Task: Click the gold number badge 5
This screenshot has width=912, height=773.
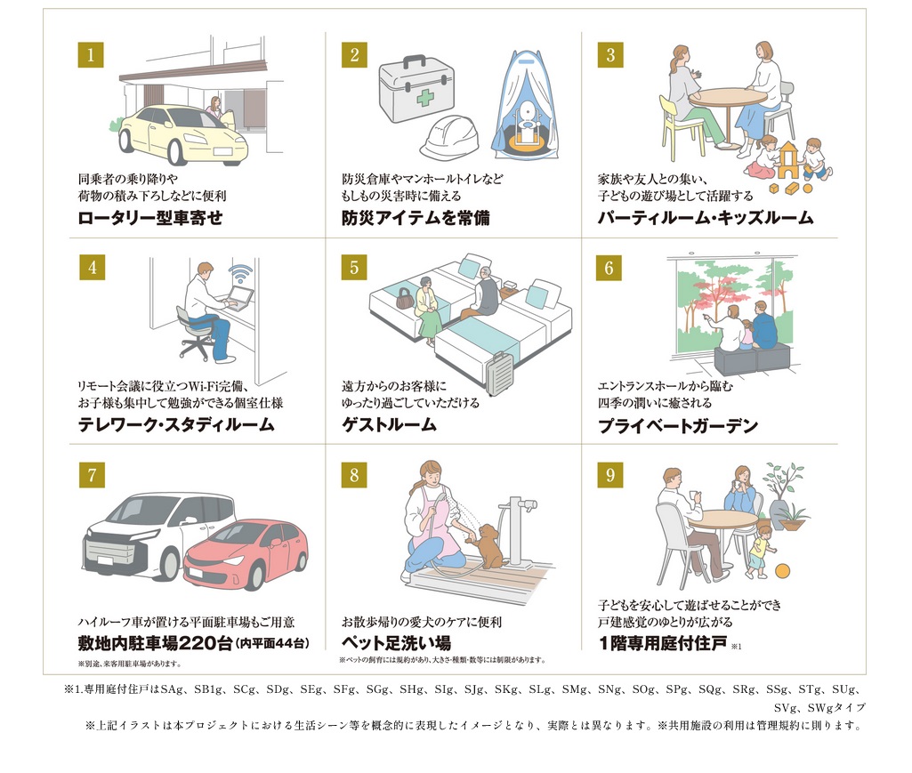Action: click(354, 268)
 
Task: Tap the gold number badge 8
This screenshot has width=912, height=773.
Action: click(354, 475)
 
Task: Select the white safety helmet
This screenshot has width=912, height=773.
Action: click(449, 137)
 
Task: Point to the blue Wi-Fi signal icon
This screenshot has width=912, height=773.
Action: click(240, 273)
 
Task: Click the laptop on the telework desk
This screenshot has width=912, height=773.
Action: click(239, 298)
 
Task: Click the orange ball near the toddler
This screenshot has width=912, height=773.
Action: click(783, 570)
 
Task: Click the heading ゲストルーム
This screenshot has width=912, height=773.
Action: click(389, 424)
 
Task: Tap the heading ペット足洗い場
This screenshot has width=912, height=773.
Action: click(396, 643)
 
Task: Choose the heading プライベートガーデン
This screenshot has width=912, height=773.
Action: click(678, 426)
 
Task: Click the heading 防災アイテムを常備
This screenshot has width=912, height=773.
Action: click(416, 218)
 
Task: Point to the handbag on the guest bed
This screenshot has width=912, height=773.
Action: click(404, 298)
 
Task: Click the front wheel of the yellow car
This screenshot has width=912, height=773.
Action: click(177, 149)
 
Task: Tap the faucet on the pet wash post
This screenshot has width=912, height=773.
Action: click(525, 505)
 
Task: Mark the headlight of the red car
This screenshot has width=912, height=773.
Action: click(232, 560)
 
